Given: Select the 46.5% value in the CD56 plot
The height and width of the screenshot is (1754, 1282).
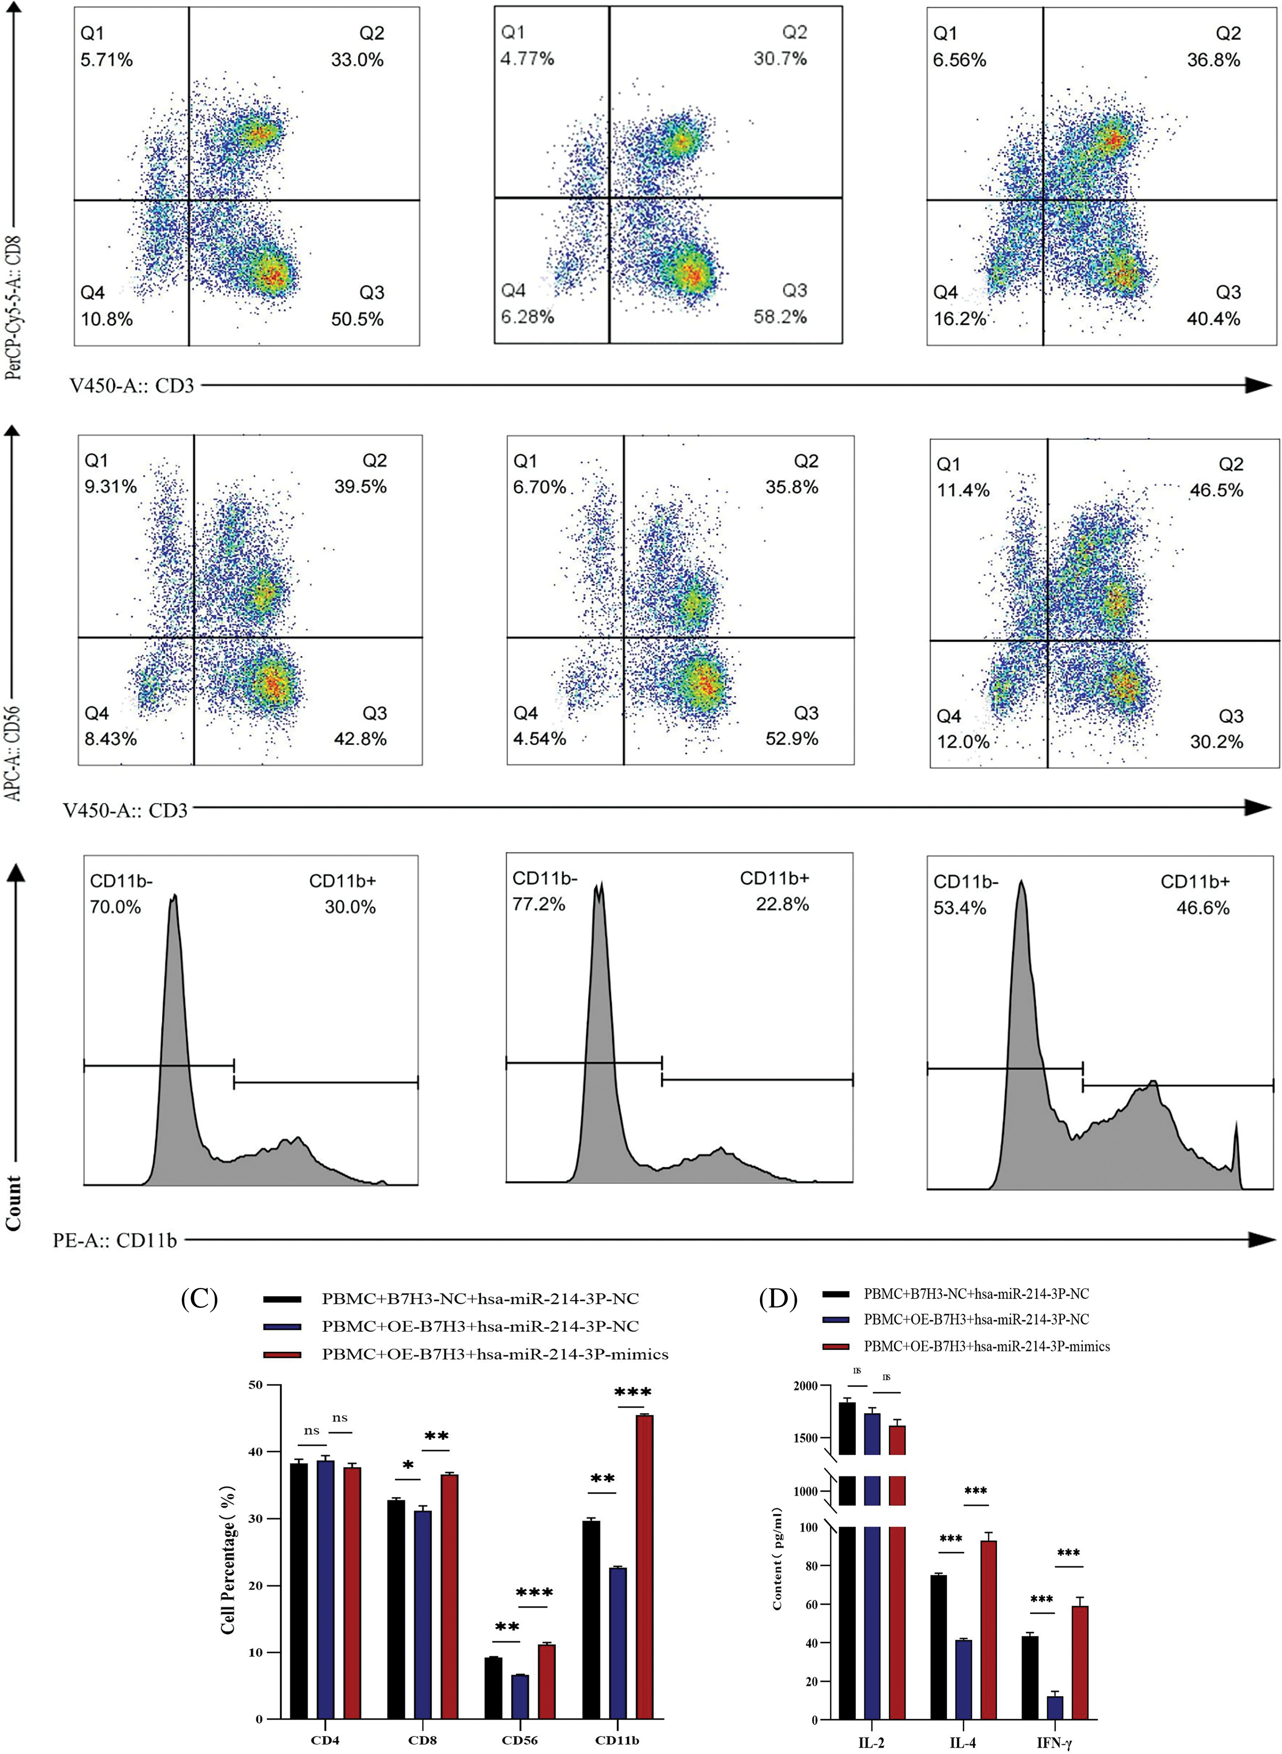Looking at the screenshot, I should [1216, 490].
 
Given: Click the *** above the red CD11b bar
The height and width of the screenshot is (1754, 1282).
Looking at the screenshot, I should [633, 1393].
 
